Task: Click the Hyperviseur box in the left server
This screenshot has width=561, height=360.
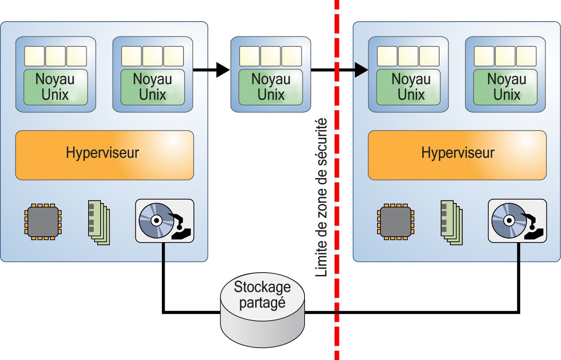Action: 104,155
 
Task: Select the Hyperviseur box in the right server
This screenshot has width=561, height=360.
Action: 457,155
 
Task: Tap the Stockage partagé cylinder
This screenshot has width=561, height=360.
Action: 262,309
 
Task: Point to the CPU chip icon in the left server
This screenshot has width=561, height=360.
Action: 43,222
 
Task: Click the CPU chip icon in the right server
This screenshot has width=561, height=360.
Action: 396,222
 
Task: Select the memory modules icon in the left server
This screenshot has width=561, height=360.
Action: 99,222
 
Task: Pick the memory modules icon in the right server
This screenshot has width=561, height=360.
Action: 451,222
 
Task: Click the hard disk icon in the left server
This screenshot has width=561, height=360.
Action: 165,221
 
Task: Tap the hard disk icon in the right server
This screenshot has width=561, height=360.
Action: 517,221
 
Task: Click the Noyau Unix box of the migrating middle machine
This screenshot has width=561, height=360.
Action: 270,87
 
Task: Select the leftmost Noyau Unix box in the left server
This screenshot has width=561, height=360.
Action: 55,87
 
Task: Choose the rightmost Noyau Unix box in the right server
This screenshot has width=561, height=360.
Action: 505,87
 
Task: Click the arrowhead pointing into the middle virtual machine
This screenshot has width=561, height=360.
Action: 222,70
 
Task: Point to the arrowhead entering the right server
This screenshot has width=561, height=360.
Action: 361,70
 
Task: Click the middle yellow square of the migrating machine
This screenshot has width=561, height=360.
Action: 270,56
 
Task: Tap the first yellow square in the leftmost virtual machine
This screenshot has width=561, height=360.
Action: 34,56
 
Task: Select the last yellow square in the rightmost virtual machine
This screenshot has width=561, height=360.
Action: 526,56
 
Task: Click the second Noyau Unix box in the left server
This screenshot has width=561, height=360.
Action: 153,87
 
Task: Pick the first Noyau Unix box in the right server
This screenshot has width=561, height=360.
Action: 408,87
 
